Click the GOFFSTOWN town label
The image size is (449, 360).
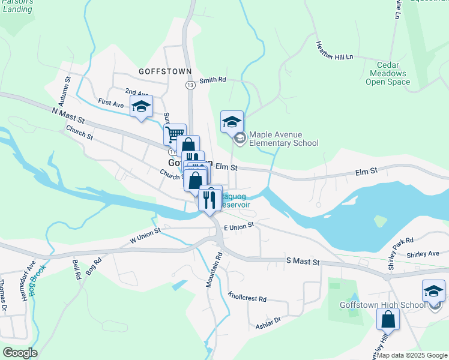coord(164,71)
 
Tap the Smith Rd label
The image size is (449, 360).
coord(212,80)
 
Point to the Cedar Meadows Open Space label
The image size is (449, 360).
coord(387,74)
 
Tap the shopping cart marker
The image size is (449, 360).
coord(175,134)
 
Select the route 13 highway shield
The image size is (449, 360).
coord(190,86)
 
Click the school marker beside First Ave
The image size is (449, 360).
coord(141,106)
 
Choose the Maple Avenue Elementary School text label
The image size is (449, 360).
coord(283,139)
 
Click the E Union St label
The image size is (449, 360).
coord(240,226)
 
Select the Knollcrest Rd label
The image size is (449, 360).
coord(247,297)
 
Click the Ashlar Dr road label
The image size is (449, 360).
coord(268,322)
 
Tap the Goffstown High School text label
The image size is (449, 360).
coord(374,305)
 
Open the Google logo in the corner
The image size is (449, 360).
coord(20,353)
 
